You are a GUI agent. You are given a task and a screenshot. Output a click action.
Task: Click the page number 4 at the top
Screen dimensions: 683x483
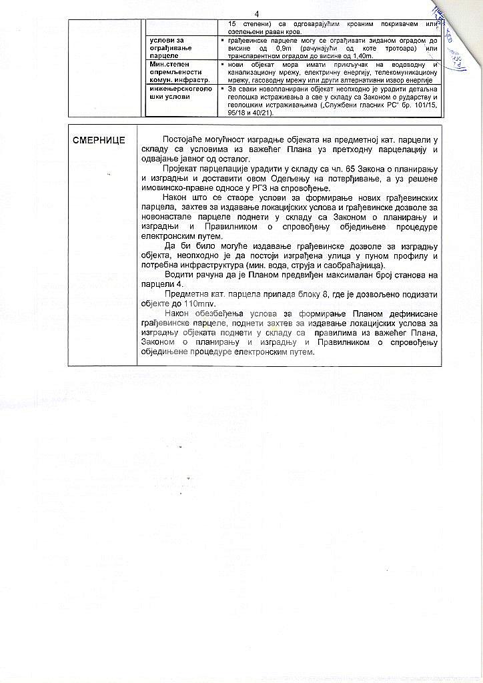coord(257,13)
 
